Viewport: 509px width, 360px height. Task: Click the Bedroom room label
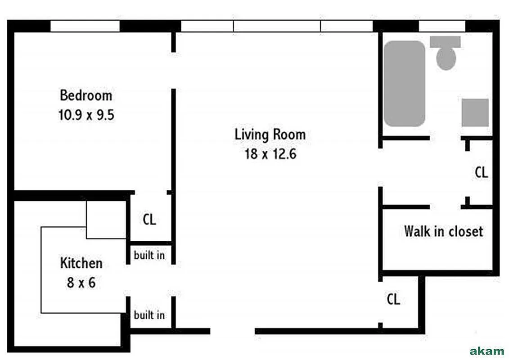click(86, 95)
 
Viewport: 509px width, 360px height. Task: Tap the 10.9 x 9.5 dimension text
click(86, 115)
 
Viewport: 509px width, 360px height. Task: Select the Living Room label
click(270, 134)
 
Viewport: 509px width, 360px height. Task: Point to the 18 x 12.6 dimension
click(270, 154)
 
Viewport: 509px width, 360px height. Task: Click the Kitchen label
click(81, 263)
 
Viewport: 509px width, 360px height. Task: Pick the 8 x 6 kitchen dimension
click(81, 283)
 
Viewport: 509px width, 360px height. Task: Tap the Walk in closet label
click(443, 232)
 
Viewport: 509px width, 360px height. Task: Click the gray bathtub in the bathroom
click(404, 84)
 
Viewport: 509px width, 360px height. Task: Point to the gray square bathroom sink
click(475, 112)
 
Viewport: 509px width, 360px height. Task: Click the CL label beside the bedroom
click(149, 220)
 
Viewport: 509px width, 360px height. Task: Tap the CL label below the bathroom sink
click(482, 172)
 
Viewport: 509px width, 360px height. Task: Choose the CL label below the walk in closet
click(393, 299)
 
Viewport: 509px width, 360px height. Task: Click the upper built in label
click(149, 256)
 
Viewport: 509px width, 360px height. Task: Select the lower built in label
click(149, 315)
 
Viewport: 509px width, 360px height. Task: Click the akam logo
click(486, 351)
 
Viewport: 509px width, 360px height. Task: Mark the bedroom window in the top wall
click(85, 27)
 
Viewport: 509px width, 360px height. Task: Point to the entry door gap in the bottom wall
click(233, 332)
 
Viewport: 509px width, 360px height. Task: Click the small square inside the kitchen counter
click(106, 219)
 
